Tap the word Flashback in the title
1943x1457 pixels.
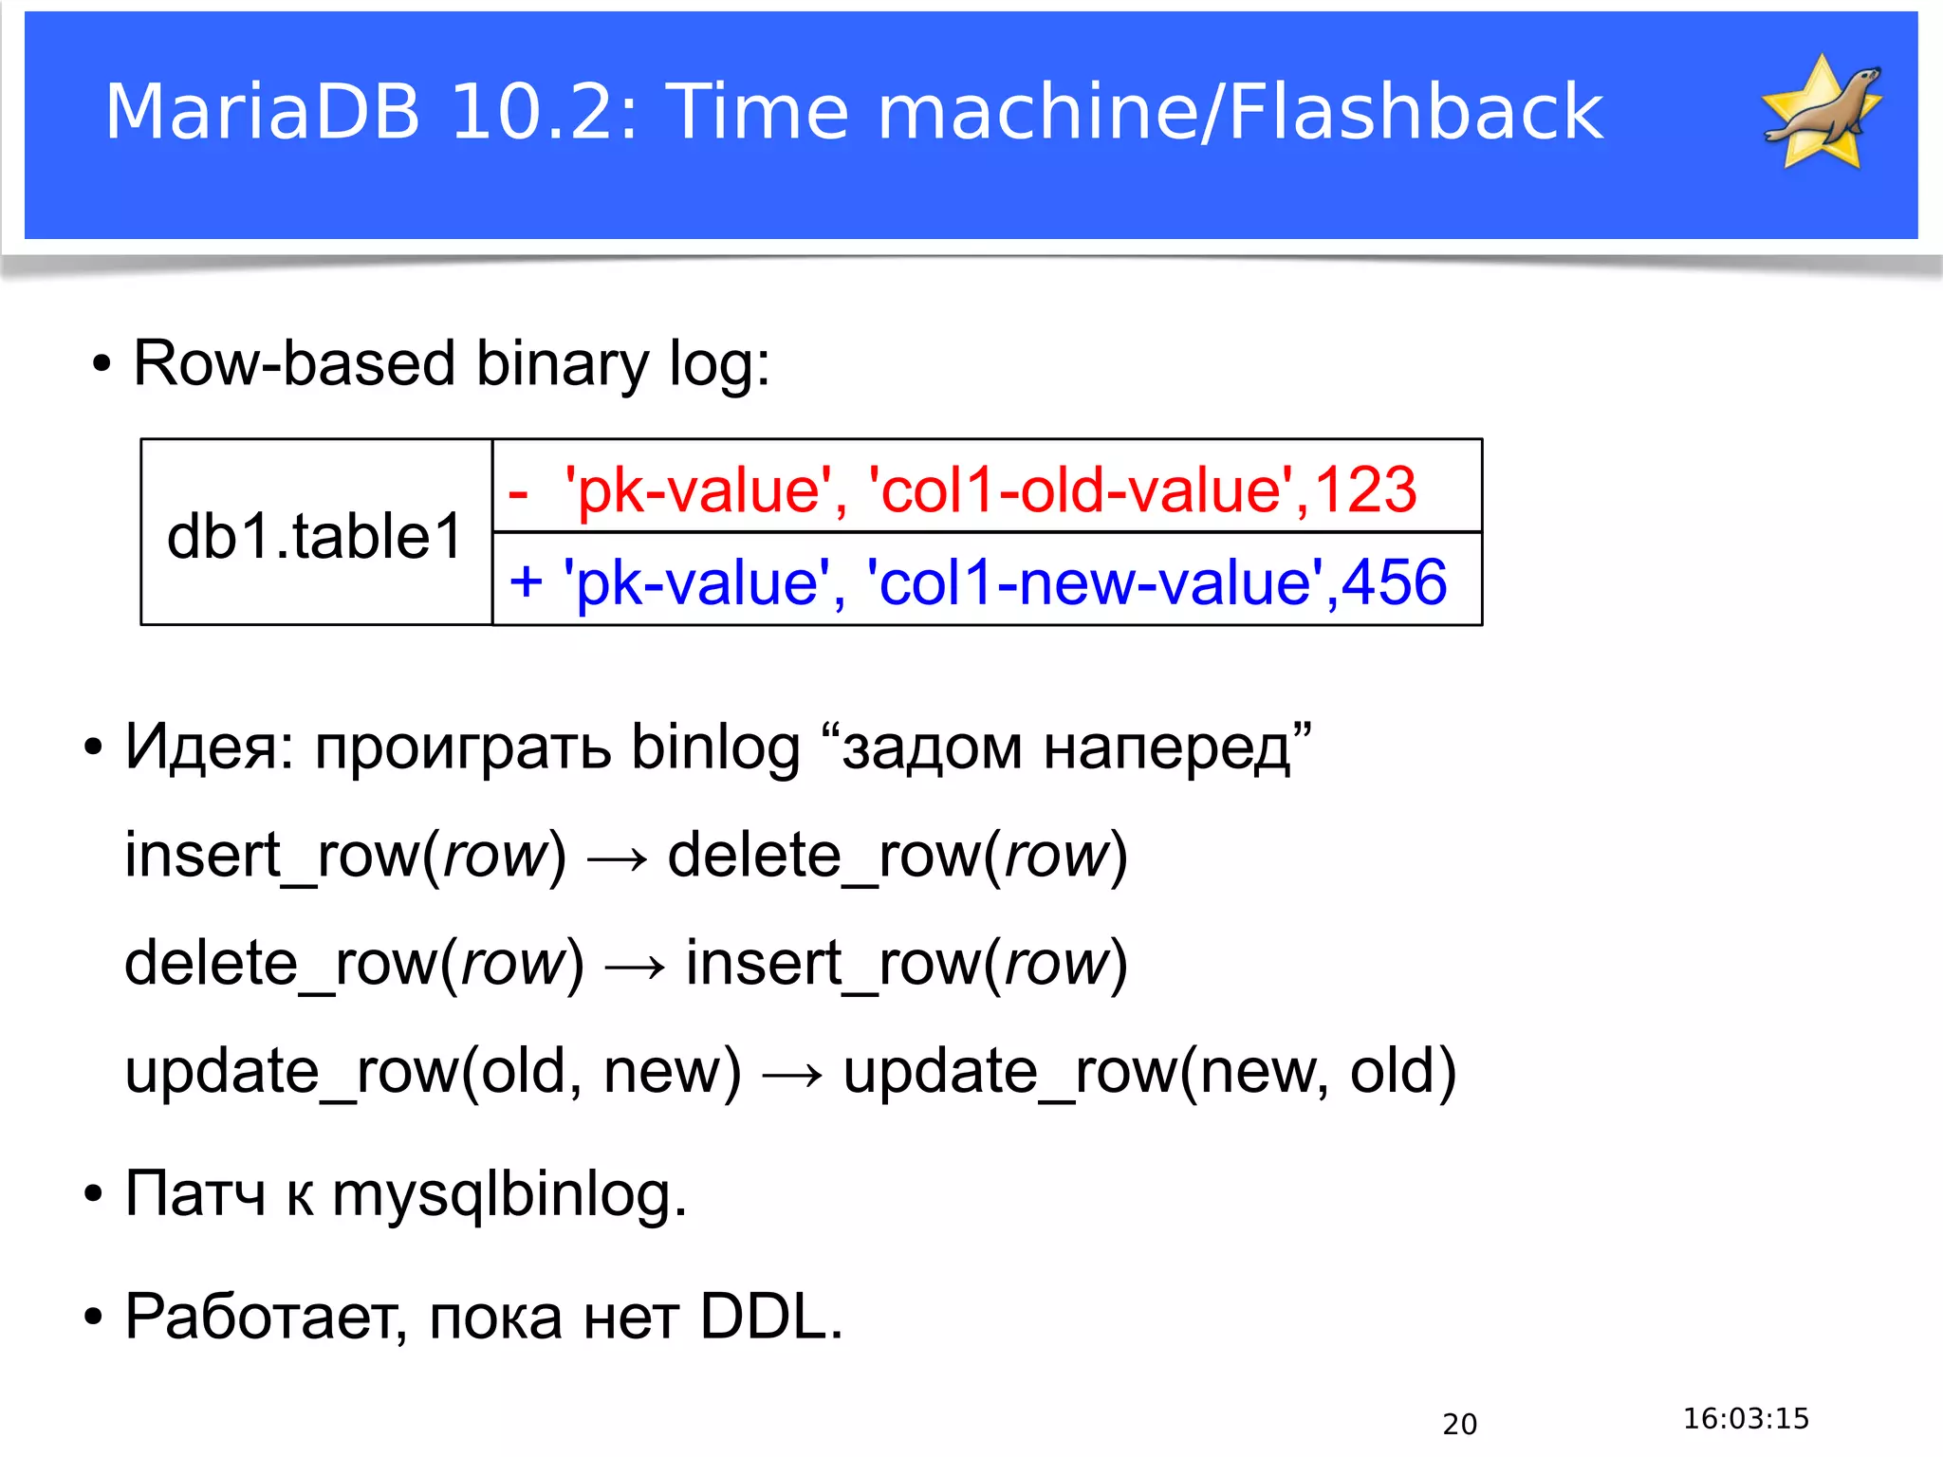[x=1415, y=112]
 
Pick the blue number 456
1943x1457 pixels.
[x=1394, y=582]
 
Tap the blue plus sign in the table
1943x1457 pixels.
[x=526, y=581]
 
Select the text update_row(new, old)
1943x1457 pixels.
[x=1149, y=1073]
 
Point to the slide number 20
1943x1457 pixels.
[x=1459, y=1424]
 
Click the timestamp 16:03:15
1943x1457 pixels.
[x=1746, y=1418]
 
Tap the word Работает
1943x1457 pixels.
[x=260, y=1318]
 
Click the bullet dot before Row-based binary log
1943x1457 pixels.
[x=102, y=364]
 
